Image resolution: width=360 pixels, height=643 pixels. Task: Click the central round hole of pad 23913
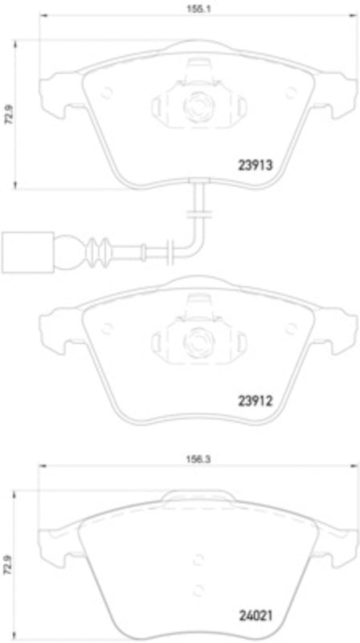point(195,104)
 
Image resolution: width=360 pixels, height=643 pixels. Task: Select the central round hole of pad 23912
point(195,337)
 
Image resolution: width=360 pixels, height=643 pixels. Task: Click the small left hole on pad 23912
point(107,326)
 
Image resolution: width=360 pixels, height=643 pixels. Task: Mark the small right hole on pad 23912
point(289,326)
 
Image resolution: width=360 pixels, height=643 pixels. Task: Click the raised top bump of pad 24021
point(195,497)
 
